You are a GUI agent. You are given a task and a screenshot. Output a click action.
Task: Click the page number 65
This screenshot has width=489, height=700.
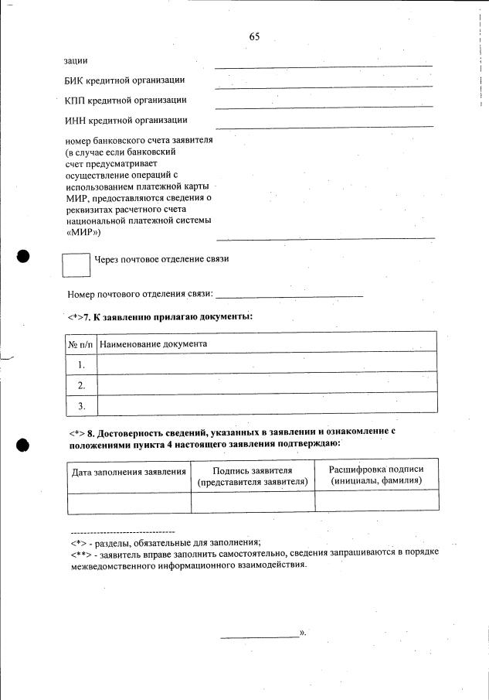tap(254, 37)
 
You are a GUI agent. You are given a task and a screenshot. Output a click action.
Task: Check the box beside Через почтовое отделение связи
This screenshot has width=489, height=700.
tap(76, 265)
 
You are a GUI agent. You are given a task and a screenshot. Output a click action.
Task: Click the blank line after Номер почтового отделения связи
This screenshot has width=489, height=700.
tap(290, 295)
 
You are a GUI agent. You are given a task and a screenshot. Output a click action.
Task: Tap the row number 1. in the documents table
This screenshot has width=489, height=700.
tap(81, 364)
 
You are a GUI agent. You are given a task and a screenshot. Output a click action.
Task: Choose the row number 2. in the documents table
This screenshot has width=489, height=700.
tap(81, 384)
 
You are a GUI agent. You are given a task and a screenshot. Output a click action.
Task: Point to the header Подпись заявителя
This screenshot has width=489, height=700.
tap(252, 471)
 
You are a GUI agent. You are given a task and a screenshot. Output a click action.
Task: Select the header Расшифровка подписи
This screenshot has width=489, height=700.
tap(376, 470)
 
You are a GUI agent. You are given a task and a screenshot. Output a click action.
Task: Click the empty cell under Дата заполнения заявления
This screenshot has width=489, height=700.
tap(129, 501)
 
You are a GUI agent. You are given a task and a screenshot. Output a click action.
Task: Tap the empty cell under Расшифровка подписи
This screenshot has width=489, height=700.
tap(376, 501)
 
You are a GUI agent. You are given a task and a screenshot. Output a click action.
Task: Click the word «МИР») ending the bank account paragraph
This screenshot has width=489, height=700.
tap(84, 231)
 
